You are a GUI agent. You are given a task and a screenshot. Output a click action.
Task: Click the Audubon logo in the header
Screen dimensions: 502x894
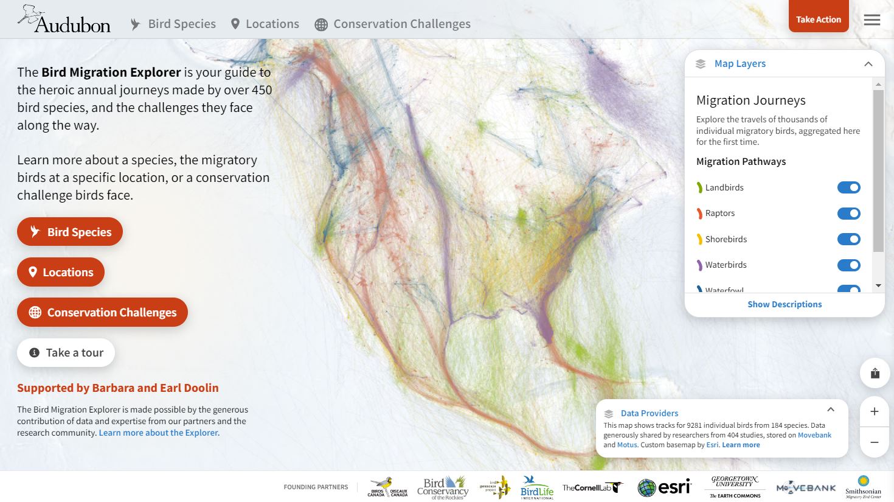click(x=64, y=20)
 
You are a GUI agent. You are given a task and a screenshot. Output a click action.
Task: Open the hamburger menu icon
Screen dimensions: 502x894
click(x=871, y=20)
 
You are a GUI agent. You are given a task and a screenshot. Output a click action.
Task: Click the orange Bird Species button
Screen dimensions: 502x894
click(x=70, y=232)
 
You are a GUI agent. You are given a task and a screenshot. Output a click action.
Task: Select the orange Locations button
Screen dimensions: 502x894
click(x=61, y=272)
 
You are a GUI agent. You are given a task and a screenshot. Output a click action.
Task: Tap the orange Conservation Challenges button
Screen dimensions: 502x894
click(x=102, y=312)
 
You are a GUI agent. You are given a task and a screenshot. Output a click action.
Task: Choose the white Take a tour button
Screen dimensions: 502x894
click(x=66, y=353)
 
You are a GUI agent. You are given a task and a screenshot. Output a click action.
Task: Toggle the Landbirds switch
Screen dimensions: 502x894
click(x=848, y=187)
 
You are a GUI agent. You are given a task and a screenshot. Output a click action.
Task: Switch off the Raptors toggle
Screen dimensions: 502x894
click(x=848, y=214)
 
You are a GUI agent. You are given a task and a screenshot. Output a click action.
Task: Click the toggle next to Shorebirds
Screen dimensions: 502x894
click(x=848, y=239)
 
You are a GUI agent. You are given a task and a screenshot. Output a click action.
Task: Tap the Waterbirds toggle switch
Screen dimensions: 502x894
click(x=848, y=265)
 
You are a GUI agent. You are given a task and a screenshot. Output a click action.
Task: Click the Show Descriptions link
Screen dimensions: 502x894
click(x=784, y=304)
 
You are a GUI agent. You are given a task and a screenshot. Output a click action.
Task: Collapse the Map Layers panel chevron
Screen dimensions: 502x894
click(x=868, y=64)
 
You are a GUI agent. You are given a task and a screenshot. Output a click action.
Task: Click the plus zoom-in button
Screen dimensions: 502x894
click(x=875, y=412)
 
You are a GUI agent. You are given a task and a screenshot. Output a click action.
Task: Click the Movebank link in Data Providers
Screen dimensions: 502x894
click(x=814, y=435)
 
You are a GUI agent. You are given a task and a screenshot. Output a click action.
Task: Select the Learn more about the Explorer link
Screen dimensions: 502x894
click(x=159, y=433)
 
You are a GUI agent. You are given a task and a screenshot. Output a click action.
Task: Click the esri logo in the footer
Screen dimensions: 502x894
click(x=664, y=487)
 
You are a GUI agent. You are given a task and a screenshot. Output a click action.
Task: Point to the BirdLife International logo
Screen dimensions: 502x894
click(x=537, y=487)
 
